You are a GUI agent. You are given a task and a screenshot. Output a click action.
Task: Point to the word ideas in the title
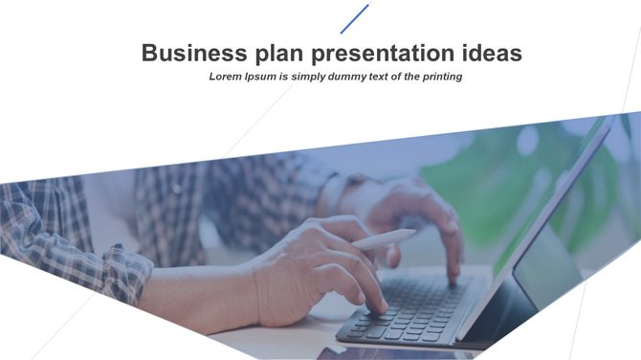pyautogui.click(x=491, y=53)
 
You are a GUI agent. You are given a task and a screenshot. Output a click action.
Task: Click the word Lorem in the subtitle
pyautogui.click(x=227, y=76)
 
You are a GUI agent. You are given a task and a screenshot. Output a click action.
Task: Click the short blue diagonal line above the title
pyautogui.click(x=354, y=19)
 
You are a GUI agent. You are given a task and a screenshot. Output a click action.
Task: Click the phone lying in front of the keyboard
pyautogui.click(x=383, y=353)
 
